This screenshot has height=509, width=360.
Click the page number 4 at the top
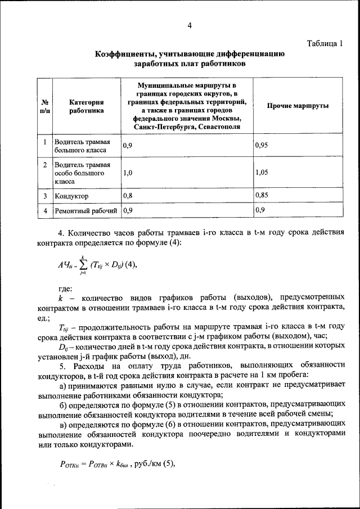190,25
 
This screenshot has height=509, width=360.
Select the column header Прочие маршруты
298,106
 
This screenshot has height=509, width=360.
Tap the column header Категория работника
87,106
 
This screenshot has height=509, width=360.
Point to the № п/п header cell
44,106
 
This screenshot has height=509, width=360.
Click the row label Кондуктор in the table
71,196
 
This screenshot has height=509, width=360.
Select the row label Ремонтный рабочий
85,211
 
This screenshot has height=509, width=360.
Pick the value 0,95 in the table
261,145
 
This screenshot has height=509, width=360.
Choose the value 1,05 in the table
261,173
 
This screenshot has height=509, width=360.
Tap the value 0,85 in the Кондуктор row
261,196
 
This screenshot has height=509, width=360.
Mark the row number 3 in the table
44,196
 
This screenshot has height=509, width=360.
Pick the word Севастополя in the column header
218,127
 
